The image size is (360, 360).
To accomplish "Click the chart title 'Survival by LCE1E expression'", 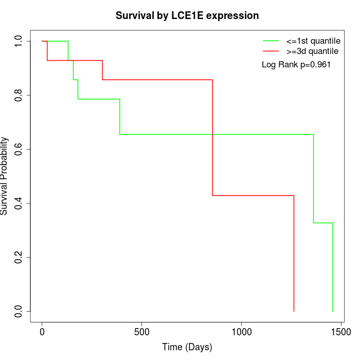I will [187, 15].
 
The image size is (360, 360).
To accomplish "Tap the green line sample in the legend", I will [271, 41].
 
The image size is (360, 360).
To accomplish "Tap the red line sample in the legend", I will [271, 51].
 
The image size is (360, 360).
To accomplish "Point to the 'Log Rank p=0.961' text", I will [296, 65].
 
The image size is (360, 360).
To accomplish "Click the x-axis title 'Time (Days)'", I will [187, 347].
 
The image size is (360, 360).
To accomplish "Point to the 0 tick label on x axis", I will [42, 332].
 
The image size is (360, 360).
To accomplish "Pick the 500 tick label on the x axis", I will [141, 332].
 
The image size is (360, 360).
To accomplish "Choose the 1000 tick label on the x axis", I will [241, 332].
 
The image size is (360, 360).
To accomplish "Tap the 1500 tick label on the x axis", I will [340, 332].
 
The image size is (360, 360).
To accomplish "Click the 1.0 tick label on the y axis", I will [19, 41].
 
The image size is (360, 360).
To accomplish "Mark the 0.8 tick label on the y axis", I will [19, 95].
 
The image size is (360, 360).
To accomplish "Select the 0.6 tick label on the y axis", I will [19, 149].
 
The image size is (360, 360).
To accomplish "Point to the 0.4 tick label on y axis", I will [19, 203].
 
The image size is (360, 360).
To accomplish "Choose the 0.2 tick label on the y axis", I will [19, 257].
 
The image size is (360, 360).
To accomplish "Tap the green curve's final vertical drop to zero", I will [333, 267].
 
